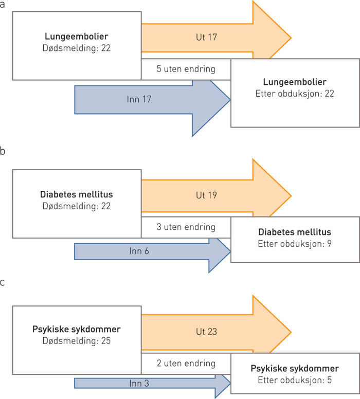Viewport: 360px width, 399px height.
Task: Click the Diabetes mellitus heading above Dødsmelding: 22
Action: pyautogui.click(x=76, y=195)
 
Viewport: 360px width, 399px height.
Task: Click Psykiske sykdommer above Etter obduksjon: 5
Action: pyautogui.click(x=295, y=368)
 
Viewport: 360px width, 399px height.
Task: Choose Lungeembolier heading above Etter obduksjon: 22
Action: pyautogui.click(x=295, y=82)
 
